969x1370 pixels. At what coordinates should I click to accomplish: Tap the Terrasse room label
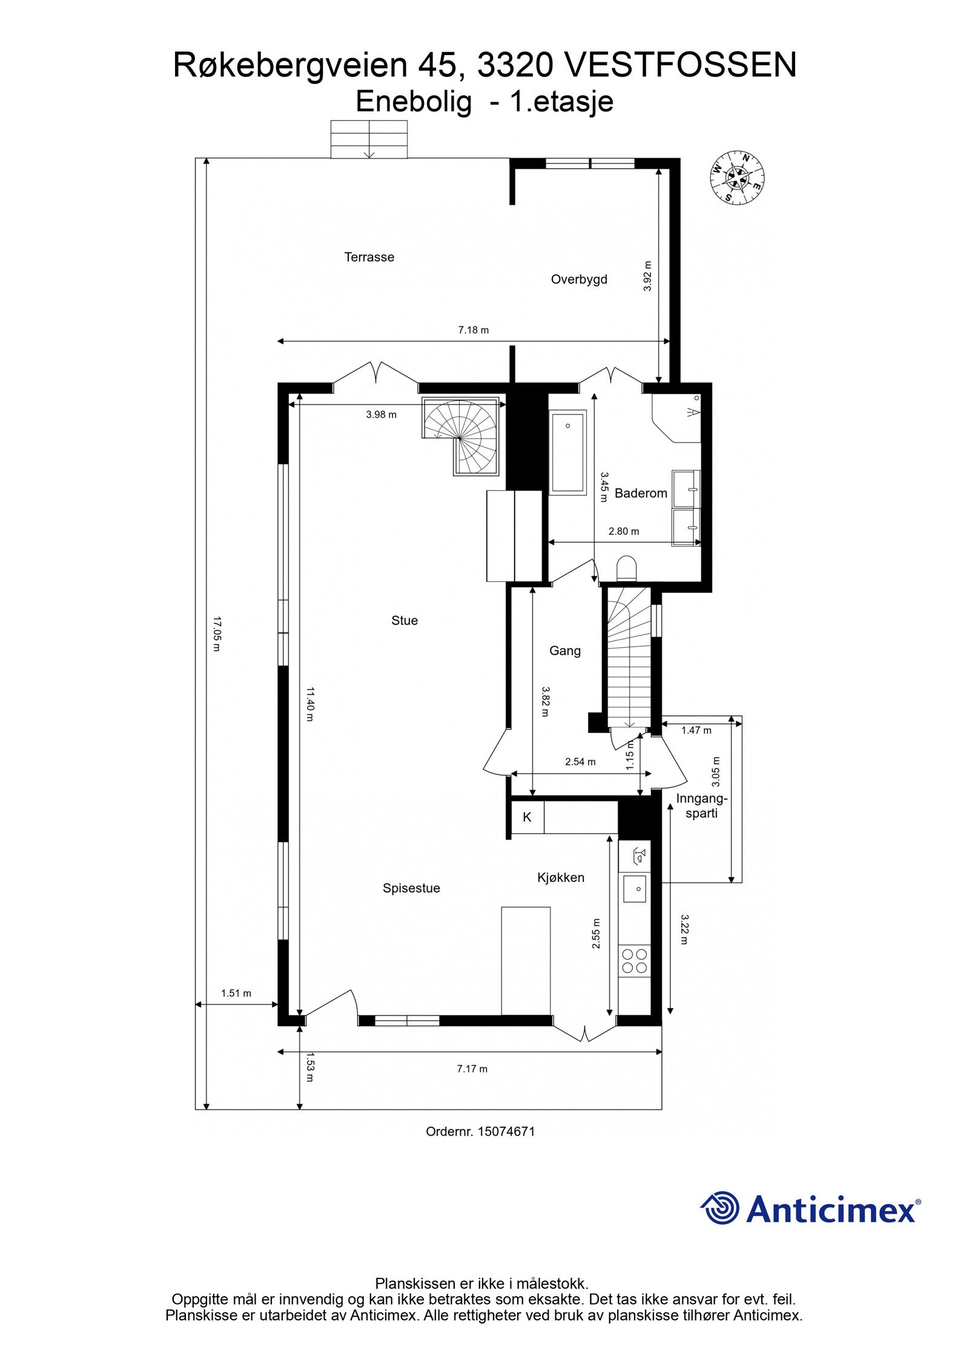click(369, 257)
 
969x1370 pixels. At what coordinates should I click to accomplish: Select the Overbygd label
click(578, 279)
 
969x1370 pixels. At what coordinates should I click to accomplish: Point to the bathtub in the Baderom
click(567, 452)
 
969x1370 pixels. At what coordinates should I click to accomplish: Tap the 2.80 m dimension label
click(623, 531)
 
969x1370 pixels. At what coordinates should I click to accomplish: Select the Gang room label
click(564, 651)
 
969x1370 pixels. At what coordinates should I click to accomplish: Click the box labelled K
click(527, 817)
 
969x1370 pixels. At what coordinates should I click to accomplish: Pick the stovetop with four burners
click(634, 961)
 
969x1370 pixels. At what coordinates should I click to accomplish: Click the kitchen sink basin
click(634, 889)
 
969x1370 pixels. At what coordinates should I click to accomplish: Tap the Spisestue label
click(411, 888)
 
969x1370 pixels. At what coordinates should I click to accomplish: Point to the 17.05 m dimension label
click(216, 633)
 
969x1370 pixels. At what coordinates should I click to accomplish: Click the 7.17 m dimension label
click(472, 1069)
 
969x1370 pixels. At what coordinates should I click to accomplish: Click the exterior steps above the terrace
click(368, 139)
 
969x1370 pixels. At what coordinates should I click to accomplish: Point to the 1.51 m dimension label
click(236, 993)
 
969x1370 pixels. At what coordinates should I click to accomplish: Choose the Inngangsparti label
click(701, 806)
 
